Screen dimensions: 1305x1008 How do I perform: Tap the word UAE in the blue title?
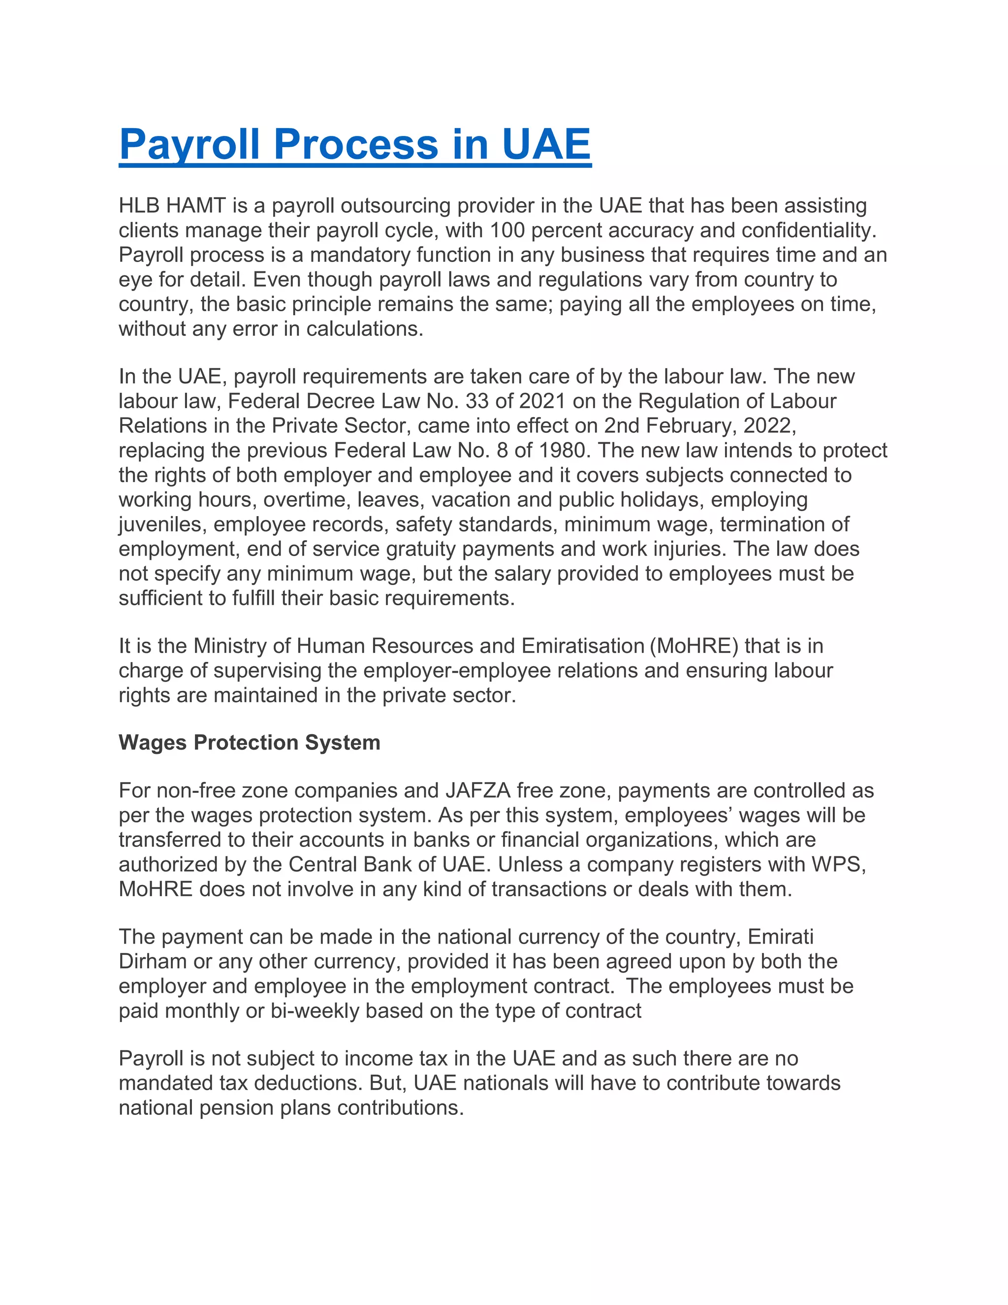click(546, 145)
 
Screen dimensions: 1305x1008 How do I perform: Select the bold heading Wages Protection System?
click(249, 742)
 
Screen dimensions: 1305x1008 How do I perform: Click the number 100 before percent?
click(507, 230)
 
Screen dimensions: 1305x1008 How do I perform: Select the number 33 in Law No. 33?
click(476, 401)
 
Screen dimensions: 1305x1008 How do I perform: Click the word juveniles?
click(160, 524)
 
